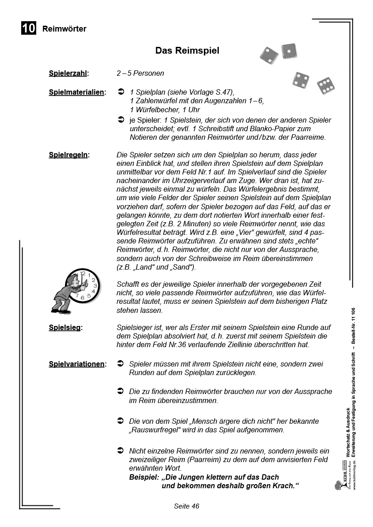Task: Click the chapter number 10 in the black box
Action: point(28,28)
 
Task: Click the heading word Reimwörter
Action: point(64,29)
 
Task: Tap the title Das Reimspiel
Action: point(187,50)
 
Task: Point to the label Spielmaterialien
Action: point(77,92)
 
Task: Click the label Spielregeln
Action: point(69,155)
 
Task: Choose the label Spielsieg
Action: point(65,327)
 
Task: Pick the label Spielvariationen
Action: point(77,364)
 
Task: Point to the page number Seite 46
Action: point(186,506)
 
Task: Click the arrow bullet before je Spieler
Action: point(120,120)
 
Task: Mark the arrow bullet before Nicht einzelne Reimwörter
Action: point(120,450)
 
